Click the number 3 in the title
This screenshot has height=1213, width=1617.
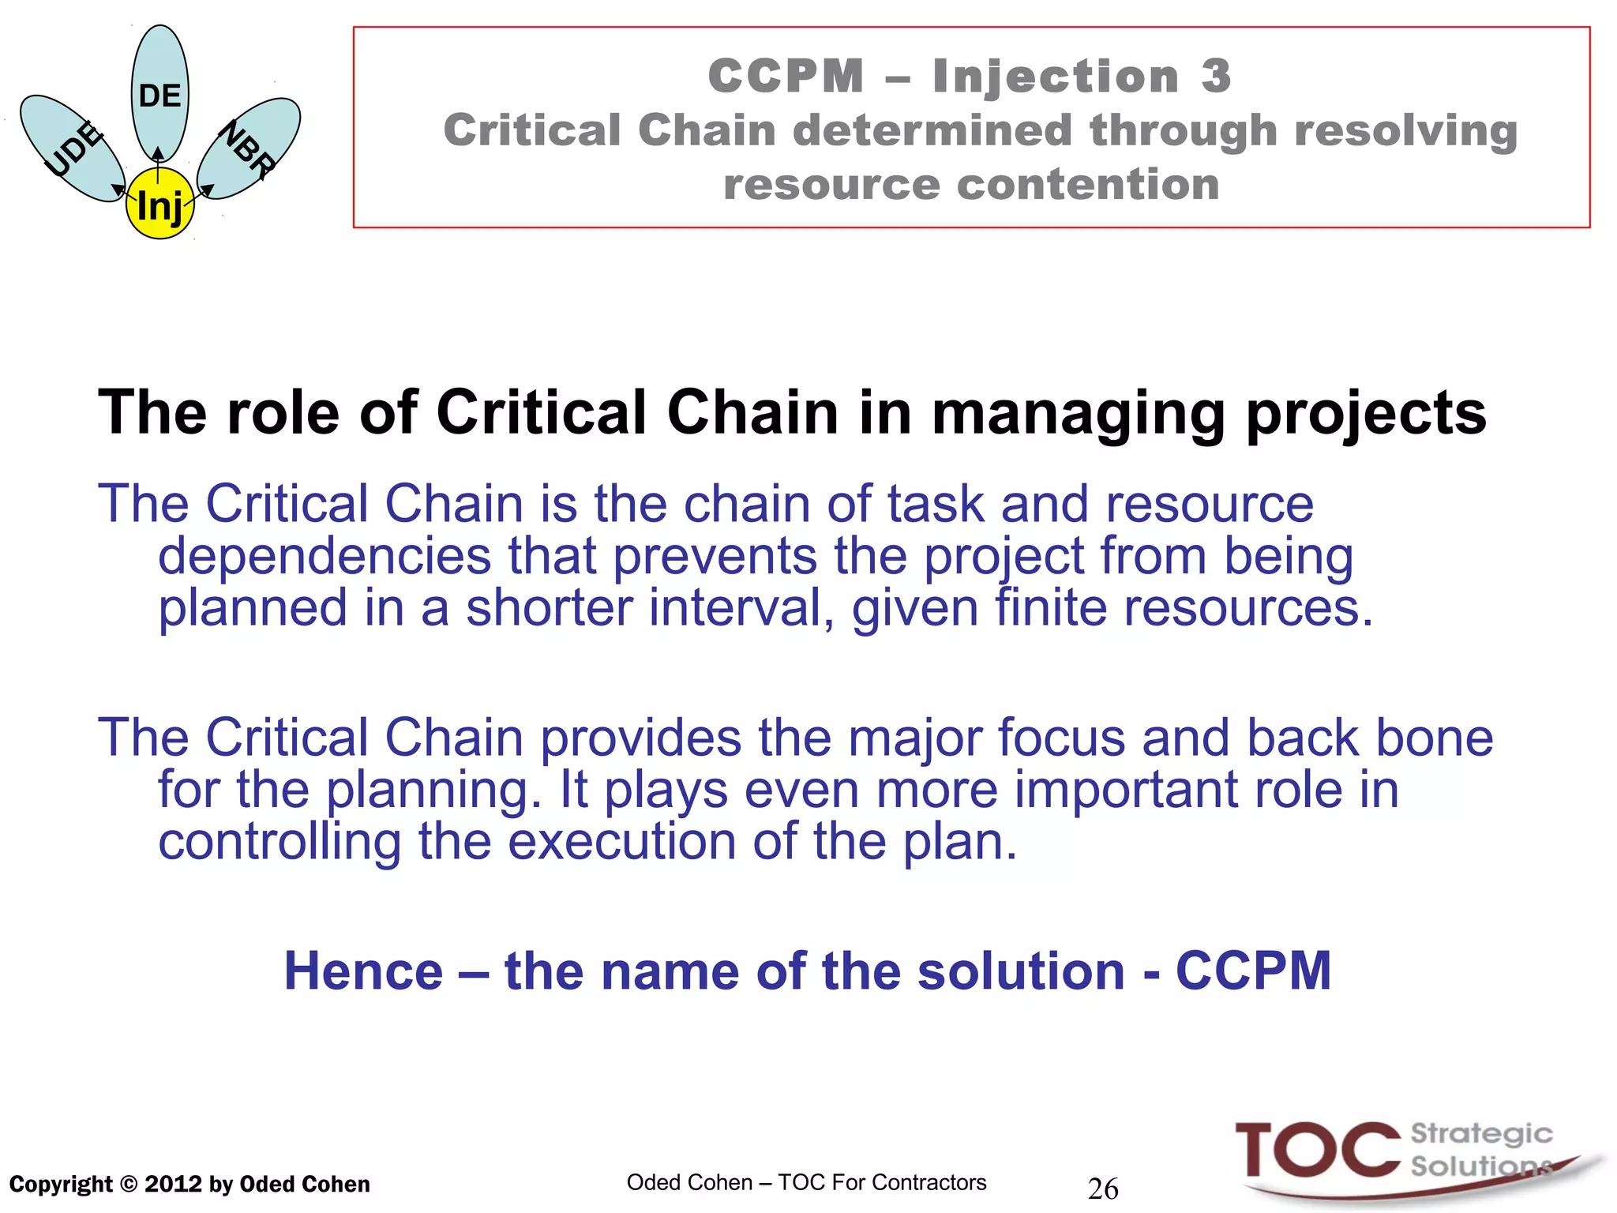[x=1216, y=77]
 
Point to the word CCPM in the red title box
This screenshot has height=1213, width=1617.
[x=786, y=77]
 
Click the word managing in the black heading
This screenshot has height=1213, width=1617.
[x=1078, y=414]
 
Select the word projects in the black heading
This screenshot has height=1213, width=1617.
[x=1366, y=414]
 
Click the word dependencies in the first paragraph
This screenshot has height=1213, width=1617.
[x=325, y=556]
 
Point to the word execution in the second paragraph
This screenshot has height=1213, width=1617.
[x=621, y=842]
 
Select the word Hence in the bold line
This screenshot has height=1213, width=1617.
[x=363, y=971]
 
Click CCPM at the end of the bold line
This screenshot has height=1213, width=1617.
[x=1253, y=971]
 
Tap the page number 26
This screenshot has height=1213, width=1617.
[x=1103, y=1189]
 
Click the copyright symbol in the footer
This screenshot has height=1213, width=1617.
[x=129, y=1185]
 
